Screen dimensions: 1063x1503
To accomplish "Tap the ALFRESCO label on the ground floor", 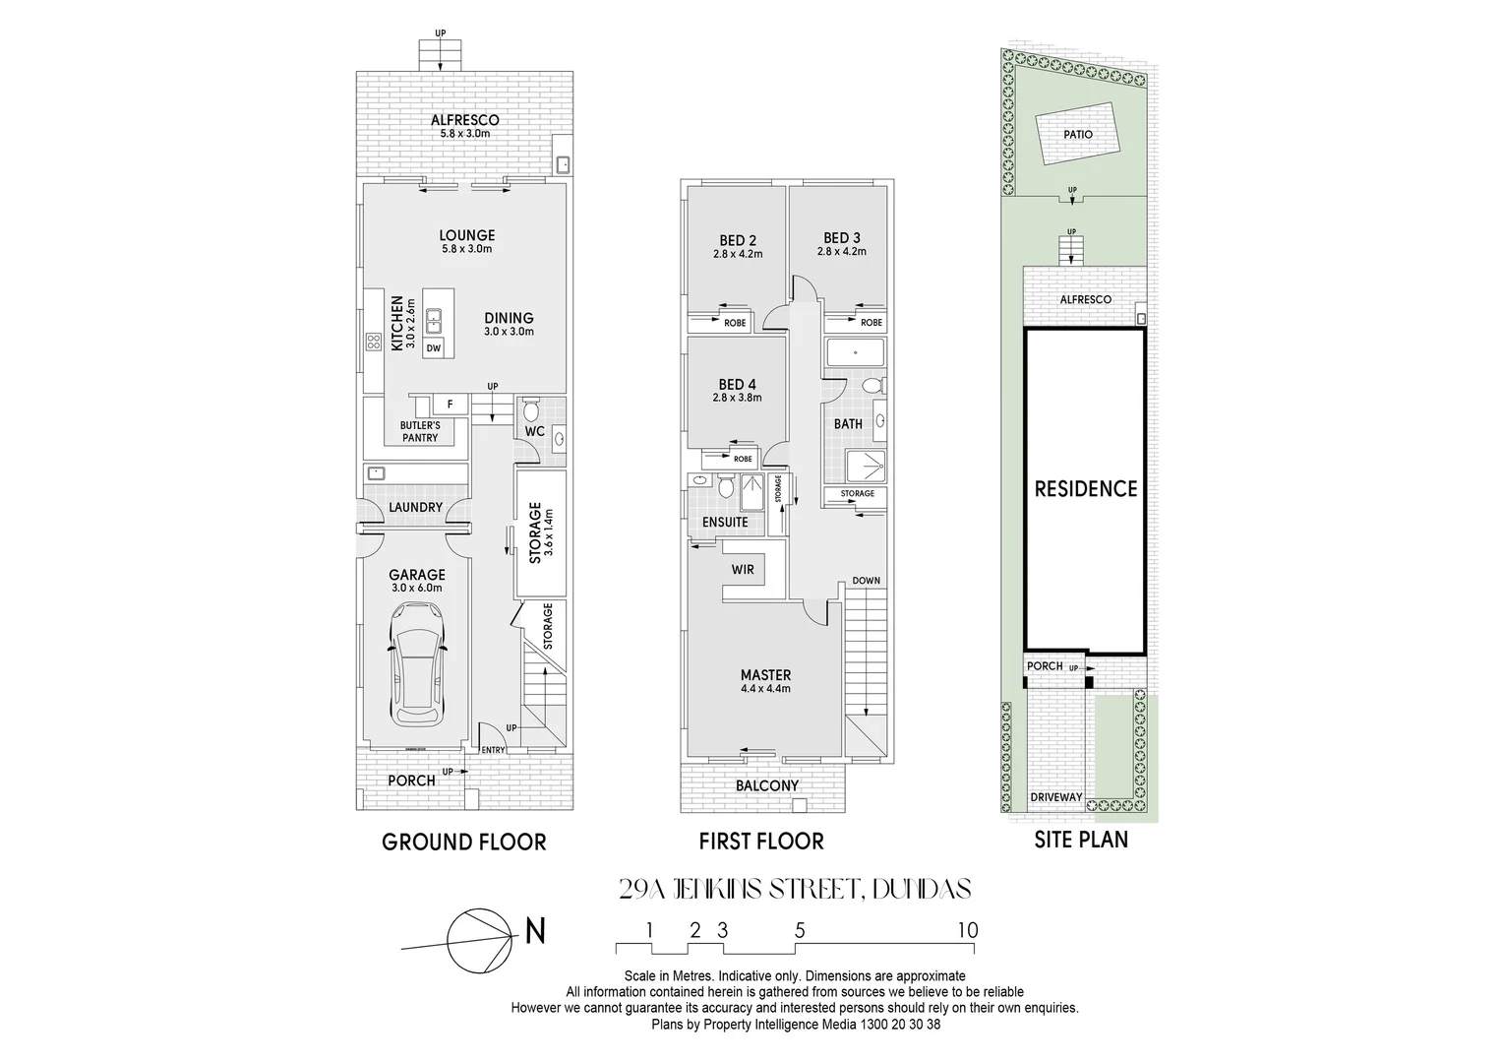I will point(465,120).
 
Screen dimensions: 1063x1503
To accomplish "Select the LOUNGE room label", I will point(466,235).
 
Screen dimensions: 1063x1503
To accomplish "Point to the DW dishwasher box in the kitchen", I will point(434,347).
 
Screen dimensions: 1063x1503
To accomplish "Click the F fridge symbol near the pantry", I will point(450,404).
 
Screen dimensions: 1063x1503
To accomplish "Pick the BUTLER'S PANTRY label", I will point(420,431).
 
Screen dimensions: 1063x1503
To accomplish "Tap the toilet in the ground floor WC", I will point(532,409).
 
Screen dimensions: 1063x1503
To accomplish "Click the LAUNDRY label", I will point(415,507).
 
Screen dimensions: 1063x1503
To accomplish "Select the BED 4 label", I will point(738,384).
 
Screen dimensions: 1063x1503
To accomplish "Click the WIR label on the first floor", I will point(743,570).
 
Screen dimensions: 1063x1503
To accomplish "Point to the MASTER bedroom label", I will point(765,675).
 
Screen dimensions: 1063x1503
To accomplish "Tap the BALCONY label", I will point(767,785).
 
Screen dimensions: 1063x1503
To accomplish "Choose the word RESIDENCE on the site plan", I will point(1085,488).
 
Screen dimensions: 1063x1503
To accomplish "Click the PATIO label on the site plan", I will point(1077,135).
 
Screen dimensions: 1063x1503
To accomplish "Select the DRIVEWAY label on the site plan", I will point(1056,797).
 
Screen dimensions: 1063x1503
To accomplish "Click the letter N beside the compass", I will point(535,930).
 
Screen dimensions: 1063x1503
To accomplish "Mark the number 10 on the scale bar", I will point(968,930).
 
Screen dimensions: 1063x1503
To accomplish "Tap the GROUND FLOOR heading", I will point(463,842).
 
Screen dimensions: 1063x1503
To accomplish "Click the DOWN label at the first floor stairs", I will point(866,581).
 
